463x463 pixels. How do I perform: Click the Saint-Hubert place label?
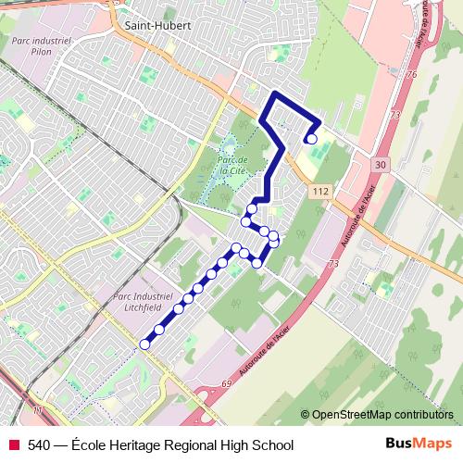[157, 26]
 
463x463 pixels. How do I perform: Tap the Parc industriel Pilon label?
[39, 48]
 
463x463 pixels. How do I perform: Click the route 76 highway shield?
[412, 73]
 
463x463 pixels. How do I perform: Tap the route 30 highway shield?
[382, 163]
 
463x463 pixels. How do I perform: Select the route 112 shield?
[320, 191]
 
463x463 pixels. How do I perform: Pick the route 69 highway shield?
[225, 381]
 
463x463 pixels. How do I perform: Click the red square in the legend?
[14, 445]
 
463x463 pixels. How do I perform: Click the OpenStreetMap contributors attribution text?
[382, 415]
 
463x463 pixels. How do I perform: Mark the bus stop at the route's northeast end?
[312, 139]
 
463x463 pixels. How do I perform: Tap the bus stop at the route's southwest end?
[144, 344]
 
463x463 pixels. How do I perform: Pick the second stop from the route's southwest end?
[159, 329]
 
